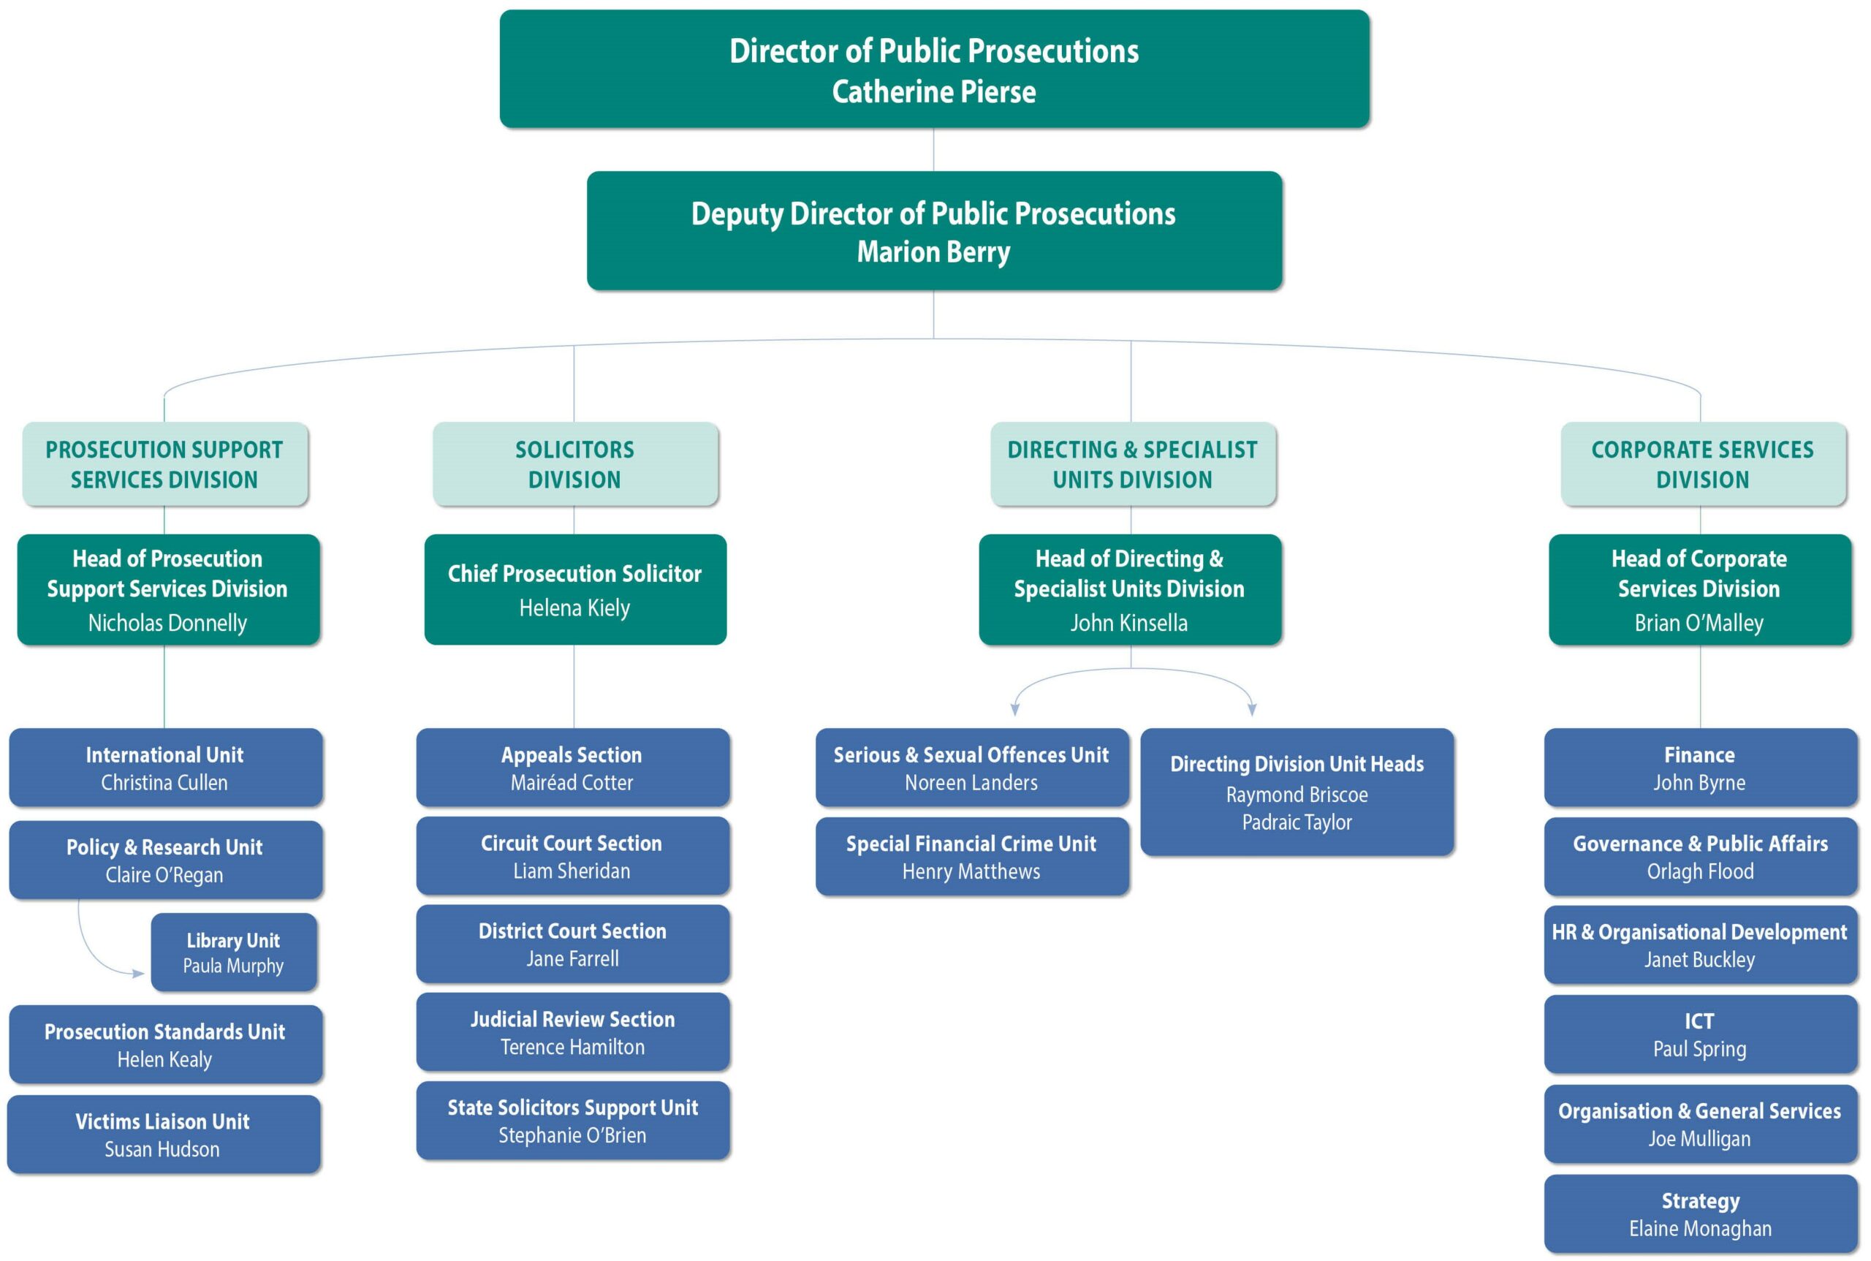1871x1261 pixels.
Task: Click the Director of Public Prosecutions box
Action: (x=933, y=69)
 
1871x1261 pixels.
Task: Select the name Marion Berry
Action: (x=933, y=252)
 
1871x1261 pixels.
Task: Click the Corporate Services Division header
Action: (x=1701, y=464)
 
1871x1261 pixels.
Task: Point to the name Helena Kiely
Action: (x=574, y=608)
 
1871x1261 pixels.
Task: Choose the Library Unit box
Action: (x=233, y=953)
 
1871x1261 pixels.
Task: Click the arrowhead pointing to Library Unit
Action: (x=139, y=973)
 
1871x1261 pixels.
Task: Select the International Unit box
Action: (x=165, y=768)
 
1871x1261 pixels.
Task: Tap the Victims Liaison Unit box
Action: (x=163, y=1134)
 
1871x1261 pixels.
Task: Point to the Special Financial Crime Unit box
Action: (x=971, y=857)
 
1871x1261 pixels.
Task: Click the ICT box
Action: (x=1700, y=1034)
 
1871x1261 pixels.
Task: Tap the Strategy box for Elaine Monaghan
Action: (x=1700, y=1213)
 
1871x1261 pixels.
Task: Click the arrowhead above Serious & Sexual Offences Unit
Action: (x=1014, y=709)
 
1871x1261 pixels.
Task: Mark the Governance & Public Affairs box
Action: (x=1700, y=857)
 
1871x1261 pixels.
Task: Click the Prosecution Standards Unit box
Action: (x=165, y=1045)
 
